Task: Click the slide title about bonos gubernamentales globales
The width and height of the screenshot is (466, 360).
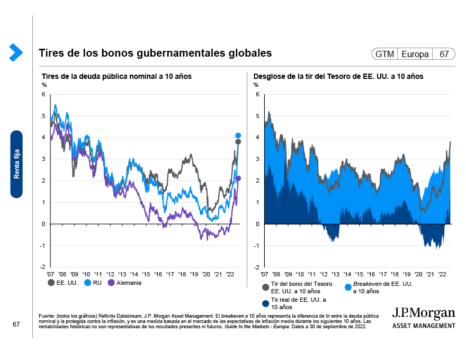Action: tap(155, 53)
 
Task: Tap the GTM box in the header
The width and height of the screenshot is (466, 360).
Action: tap(384, 54)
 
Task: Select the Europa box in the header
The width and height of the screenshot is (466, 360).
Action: tap(415, 54)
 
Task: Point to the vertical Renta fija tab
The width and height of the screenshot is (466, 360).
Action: tap(17, 164)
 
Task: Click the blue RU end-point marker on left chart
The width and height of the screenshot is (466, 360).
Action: tap(238, 136)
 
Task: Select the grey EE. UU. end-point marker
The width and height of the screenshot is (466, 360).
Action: tap(238, 142)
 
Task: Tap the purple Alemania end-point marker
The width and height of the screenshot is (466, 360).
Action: tap(238, 178)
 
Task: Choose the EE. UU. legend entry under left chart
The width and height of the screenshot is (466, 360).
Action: tap(63, 283)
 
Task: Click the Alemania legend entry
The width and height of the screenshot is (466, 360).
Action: tap(124, 283)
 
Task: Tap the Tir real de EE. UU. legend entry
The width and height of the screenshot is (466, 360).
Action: tap(291, 303)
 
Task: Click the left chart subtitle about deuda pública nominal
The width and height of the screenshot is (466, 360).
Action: tap(116, 77)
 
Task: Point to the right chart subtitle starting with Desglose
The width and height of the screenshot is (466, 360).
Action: tap(338, 77)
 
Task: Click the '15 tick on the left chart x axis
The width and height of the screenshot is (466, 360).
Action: tap(147, 274)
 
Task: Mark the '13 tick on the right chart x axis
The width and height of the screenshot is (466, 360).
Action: tap(336, 274)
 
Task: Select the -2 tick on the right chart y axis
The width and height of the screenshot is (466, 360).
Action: tap(256, 267)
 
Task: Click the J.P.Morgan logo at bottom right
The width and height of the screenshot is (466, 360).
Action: tap(423, 317)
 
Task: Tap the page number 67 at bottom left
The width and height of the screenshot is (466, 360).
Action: tap(16, 324)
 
